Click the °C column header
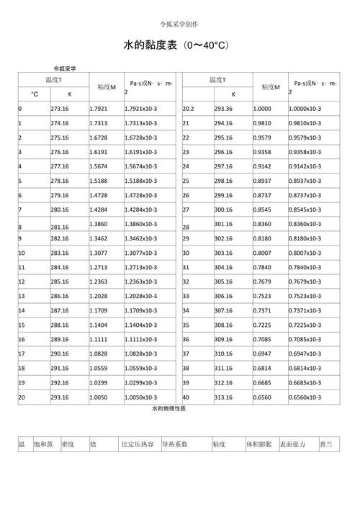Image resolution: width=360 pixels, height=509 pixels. pos(34,94)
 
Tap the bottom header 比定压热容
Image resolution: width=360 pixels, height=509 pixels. pos(138,445)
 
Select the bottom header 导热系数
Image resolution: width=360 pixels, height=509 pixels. pos(175,445)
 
